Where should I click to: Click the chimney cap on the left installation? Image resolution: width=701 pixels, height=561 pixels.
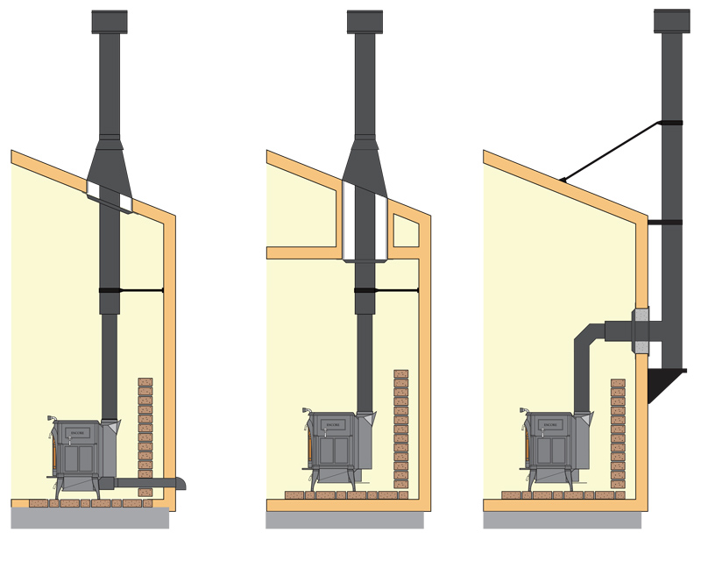pos(109,20)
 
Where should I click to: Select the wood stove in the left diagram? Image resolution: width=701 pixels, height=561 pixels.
pos(81,451)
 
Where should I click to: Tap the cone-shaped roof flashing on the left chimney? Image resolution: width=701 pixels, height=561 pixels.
pos(110,171)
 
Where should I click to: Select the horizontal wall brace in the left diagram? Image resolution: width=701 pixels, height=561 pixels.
pos(140,290)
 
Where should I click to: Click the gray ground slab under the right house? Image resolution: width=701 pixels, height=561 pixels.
pos(562,520)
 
